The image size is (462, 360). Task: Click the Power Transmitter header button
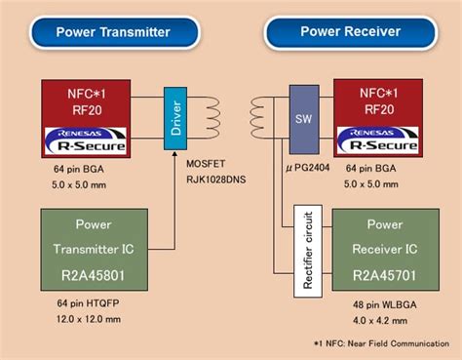tap(113, 32)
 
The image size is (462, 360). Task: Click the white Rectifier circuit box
tap(308, 252)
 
